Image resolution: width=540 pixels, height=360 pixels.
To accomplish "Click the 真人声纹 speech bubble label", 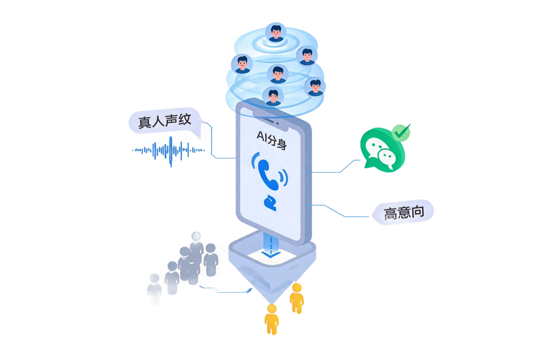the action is (165, 121).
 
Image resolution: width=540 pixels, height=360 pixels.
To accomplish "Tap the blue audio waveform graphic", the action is (168, 151).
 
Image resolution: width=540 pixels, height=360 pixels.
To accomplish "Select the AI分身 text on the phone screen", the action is (272, 140).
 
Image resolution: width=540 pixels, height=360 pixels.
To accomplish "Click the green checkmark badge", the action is (401, 132).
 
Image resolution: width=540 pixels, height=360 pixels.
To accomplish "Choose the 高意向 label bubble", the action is (403, 212).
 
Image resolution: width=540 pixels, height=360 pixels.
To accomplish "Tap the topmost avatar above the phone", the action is (275, 33).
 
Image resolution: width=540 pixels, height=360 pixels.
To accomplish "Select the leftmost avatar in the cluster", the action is (242, 64).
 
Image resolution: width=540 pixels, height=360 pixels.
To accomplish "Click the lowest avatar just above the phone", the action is (273, 96).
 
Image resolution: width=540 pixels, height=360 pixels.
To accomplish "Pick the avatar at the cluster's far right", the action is (315, 87).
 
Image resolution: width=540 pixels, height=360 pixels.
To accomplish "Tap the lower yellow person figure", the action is (272, 319).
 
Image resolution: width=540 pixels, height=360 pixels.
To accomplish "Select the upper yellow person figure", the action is (296, 298).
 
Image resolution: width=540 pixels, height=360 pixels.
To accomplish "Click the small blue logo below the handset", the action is (271, 203).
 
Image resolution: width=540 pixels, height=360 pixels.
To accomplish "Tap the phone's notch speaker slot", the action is (268, 120).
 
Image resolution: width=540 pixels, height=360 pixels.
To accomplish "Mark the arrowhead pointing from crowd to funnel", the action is (249, 290).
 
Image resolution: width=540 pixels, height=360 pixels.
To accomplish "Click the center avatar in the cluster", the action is (277, 74).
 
